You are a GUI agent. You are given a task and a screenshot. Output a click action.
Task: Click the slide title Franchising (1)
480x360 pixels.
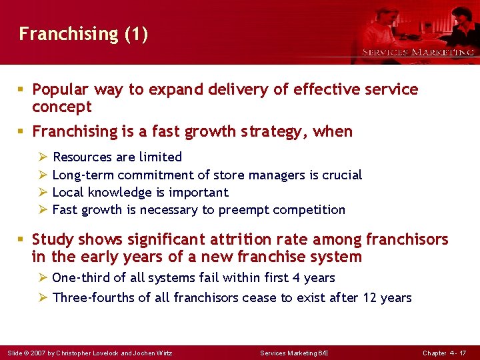click(83, 34)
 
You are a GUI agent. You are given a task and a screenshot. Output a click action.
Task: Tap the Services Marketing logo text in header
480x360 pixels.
click(418, 52)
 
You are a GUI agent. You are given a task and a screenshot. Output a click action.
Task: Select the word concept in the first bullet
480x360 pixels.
click(61, 107)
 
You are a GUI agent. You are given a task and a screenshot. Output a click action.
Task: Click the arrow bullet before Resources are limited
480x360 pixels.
click(43, 157)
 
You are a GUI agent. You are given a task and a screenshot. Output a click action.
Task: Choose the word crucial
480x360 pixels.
click(341, 175)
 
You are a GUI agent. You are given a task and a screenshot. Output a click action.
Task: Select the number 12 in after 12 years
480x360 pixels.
click(371, 297)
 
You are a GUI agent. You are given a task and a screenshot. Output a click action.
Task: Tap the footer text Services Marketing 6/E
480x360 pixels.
click(293, 352)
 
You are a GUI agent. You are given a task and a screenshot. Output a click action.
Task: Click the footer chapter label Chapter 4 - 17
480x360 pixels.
click(445, 352)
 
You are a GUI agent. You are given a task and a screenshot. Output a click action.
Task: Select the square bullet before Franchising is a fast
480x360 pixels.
click(23, 132)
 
